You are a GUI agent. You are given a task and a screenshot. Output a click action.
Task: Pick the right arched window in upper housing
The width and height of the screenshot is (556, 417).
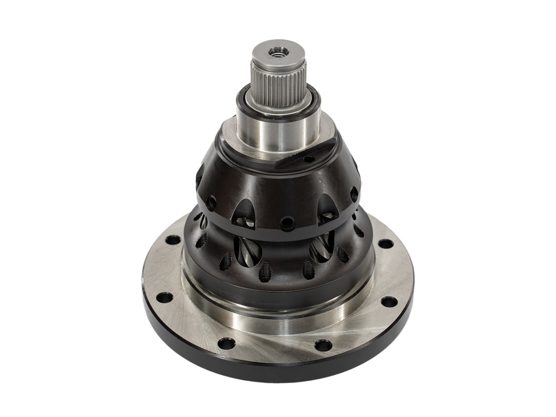point(327,210)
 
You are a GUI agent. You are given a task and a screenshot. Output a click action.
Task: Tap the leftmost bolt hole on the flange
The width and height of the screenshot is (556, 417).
point(164,297)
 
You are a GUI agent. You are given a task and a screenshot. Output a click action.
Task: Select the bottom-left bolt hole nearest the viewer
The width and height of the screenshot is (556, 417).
point(226,343)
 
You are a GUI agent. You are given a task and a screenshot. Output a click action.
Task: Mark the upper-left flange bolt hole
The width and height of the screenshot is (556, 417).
point(173,240)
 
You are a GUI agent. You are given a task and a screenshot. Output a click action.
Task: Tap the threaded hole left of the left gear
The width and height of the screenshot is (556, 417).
point(226,262)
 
